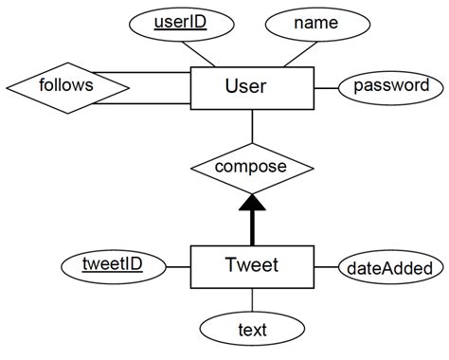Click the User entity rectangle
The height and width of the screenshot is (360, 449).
point(252,88)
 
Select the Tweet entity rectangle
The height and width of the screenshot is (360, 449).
point(252,265)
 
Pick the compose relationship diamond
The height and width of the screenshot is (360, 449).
point(251,168)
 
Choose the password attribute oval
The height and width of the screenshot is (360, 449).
point(390,86)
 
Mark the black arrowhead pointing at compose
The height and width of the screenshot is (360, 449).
point(251,203)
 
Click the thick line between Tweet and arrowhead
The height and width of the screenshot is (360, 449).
point(251,228)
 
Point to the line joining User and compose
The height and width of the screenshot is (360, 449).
point(251,128)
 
